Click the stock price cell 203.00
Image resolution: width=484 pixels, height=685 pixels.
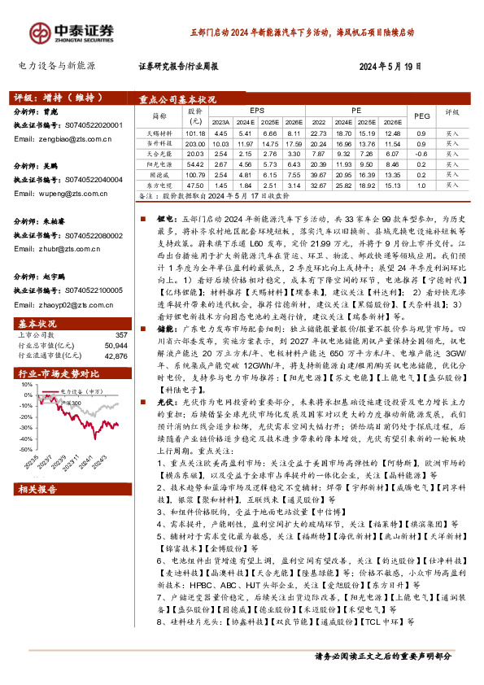(195, 142)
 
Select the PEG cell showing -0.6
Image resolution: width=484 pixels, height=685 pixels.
(421, 152)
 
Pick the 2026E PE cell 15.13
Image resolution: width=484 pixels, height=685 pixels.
(392, 185)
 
